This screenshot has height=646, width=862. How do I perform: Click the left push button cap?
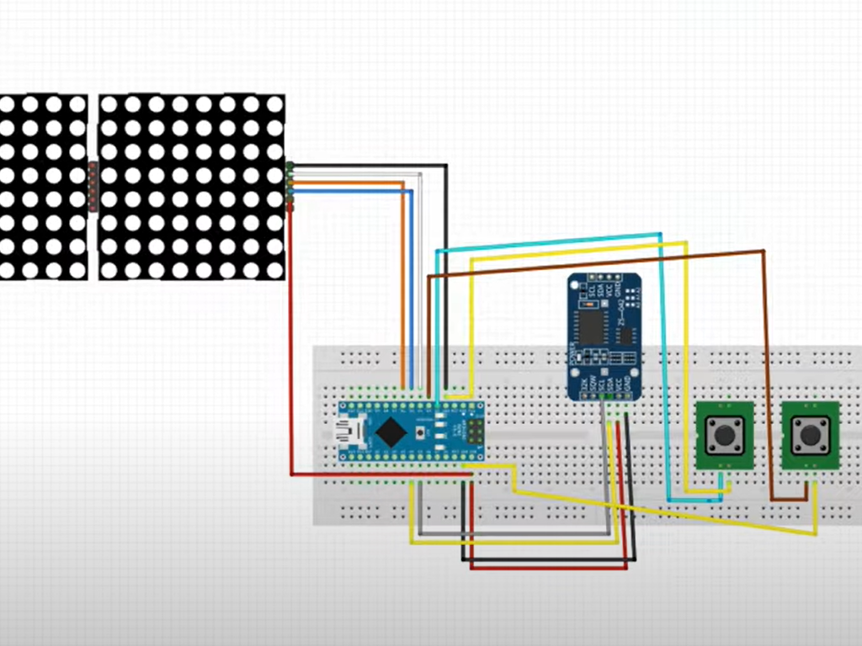click(723, 436)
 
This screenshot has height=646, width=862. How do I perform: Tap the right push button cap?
click(809, 436)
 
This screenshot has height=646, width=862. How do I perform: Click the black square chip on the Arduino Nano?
click(391, 432)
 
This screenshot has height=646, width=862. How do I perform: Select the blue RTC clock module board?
click(604, 336)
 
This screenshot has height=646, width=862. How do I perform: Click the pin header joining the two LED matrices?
click(93, 187)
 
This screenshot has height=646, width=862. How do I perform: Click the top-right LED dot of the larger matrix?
click(274, 104)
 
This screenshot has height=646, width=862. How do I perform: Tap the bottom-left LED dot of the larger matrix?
click(109, 270)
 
